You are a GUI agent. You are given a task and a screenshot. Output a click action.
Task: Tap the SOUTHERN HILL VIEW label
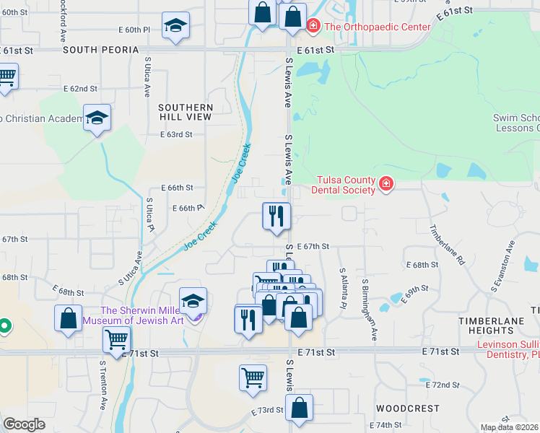pyautogui.click(x=186, y=112)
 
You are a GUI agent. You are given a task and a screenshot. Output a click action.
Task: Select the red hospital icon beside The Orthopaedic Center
pyautogui.click(x=313, y=27)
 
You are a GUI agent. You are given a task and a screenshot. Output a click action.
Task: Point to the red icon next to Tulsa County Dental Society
pyautogui.click(x=386, y=185)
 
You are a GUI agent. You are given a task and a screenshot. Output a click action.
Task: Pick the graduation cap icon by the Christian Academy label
pyautogui.click(x=97, y=118)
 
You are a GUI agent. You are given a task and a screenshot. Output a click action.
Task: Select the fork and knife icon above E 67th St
pyautogui.click(x=276, y=216)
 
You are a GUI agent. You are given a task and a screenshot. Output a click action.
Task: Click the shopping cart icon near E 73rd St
pyautogui.click(x=253, y=377)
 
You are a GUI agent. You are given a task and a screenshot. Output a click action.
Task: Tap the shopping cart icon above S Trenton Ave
pyautogui.click(x=116, y=338)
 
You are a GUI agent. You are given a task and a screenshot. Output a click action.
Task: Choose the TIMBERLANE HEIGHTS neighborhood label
pyautogui.click(x=489, y=324)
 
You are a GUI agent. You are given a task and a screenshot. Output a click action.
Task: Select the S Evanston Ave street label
pyautogui.click(x=503, y=265)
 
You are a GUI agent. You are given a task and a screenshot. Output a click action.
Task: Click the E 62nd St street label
pyautogui.click(x=80, y=89)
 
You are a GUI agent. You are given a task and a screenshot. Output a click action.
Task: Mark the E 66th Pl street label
pyautogui.click(x=187, y=208)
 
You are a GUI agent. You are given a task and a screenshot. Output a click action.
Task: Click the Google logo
pyautogui.click(x=24, y=424)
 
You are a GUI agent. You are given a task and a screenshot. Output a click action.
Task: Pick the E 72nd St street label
pyautogui.click(x=443, y=385)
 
